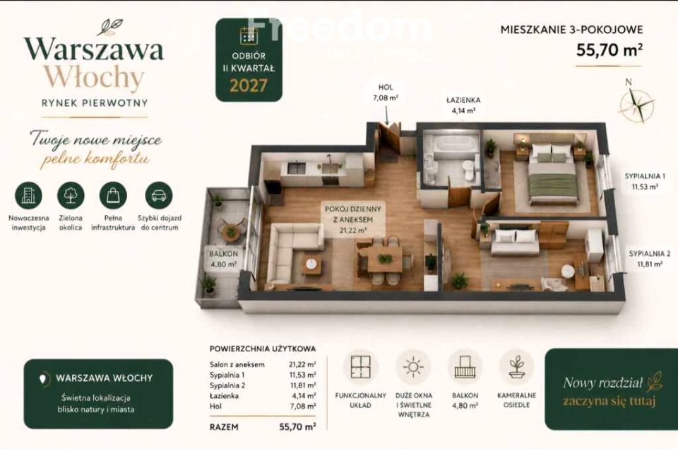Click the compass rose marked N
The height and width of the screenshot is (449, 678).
pyautogui.click(x=637, y=103)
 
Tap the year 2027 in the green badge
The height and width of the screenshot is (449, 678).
pyautogui.click(x=249, y=86)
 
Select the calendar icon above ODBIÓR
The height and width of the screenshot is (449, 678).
pyautogui.click(x=249, y=36)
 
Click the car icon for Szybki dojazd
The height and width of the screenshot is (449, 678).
pyautogui.click(x=159, y=195)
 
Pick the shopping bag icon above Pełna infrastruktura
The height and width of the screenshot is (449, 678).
pyautogui.click(x=113, y=195)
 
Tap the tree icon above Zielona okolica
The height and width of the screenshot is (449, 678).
pyautogui.click(x=71, y=195)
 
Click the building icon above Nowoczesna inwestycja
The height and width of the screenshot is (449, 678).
pyautogui.click(x=28, y=195)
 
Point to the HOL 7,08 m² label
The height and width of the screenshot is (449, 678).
pyautogui.click(x=386, y=93)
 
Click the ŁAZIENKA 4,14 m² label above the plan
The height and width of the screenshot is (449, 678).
pyautogui.click(x=463, y=105)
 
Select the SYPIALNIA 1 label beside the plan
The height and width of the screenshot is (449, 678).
pyautogui.click(x=645, y=182)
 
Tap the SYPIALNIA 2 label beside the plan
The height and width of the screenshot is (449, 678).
pyautogui.click(x=650, y=259)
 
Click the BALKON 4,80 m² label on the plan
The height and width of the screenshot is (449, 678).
pyautogui.click(x=224, y=259)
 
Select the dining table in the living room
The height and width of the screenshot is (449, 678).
pyautogui.click(x=385, y=259)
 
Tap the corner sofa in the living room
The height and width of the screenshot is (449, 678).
pyautogui.click(x=290, y=252)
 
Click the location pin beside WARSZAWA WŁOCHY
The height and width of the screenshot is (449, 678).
pyautogui.click(x=42, y=379)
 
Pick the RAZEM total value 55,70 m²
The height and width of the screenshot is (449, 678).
pyautogui.click(x=297, y=426)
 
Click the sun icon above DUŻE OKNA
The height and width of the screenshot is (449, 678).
pyautogui.click(x=413, y=367)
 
